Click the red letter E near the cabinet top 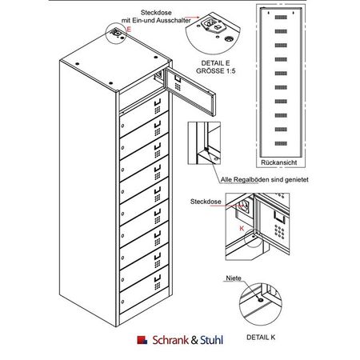pyautogui.click(x=129, y=29)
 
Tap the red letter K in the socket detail pyautogui.click(x=242, y=228)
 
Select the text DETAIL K pyautogui.click(x=261, y=338)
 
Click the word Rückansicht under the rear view pyautogui.click(x=279, y=162)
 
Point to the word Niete pyautogui.click(x=234, y=278)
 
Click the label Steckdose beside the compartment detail pyautogui.click(x=206, y=202)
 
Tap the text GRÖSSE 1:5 pyautogui.click(x=216, y=71)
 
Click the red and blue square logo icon pyautogui.click(x=142, y=340)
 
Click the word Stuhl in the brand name pyautogui.click(x=211, y=340)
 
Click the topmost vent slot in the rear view pyautogui.click(x=281, y=18)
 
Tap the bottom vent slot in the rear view pyautogui.click(x=281, y=143)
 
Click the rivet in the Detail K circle pyautogui.click(x=261, y=300)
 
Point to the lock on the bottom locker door pyautogui.click(x=122, y=302)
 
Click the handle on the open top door pyautogui.click(x=178, y=78)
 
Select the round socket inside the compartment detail pyautogui.click(x=244, y=205)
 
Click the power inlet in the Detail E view pyautogui.click(x=210, y=22)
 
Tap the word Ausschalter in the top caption pyautogui.click(x=174, y=20)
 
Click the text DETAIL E pyautogui.click(x=215, y=63)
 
